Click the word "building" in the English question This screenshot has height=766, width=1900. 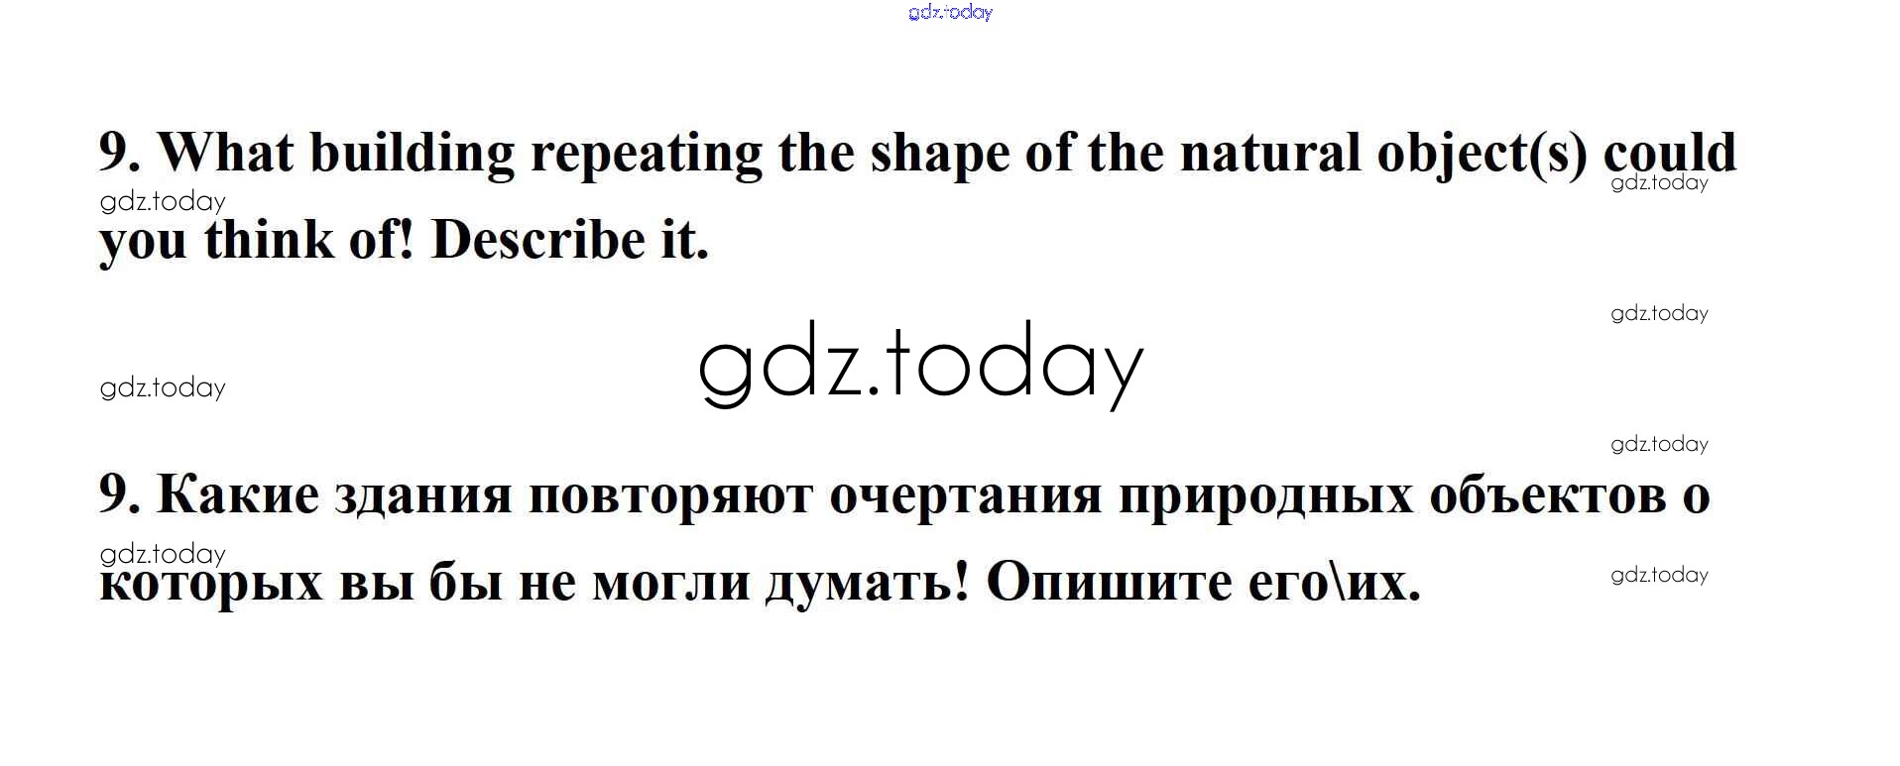point(412,155)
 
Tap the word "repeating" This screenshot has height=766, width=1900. point(646,155)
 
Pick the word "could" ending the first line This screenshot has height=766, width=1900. point(1670,153)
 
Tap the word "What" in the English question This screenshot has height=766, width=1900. point(226,153)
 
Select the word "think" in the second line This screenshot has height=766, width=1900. point(269,240)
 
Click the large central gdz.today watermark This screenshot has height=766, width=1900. point(921,365)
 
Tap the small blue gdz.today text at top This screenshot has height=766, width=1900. point(950,12)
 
